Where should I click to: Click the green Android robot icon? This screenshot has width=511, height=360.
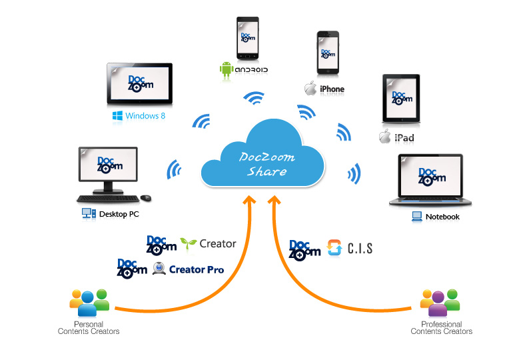[226, 69]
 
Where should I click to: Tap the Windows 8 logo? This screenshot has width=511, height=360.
[117, 116]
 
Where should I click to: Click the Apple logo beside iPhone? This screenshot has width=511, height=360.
[310, 89]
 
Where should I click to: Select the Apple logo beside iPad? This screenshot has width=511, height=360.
[385, 136]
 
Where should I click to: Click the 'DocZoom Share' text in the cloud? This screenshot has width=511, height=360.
[267, 164]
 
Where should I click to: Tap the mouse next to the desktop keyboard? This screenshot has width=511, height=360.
[146, 197]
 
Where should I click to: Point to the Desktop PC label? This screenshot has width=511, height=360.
[119, 214]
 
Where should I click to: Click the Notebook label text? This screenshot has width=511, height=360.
[442, 217]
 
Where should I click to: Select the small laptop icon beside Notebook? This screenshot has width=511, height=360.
[417, 217]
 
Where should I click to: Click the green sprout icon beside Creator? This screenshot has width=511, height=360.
[189, 243]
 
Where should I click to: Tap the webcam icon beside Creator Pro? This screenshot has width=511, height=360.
[159, 269]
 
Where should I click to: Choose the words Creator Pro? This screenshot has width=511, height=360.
[197, 270]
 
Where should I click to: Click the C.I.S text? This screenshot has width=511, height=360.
[360, 249]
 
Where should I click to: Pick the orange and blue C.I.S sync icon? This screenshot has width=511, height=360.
[334, 248]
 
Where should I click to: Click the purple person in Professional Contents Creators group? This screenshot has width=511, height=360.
[438, 304]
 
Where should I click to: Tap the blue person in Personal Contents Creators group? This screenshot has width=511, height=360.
[87, 304]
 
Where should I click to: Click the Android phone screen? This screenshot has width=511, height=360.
[248, 37]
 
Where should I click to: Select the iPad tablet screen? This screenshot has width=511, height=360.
[401, 99]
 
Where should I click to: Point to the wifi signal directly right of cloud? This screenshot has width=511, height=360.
[354, 173]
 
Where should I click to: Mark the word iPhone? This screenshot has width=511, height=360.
[332, 89]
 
